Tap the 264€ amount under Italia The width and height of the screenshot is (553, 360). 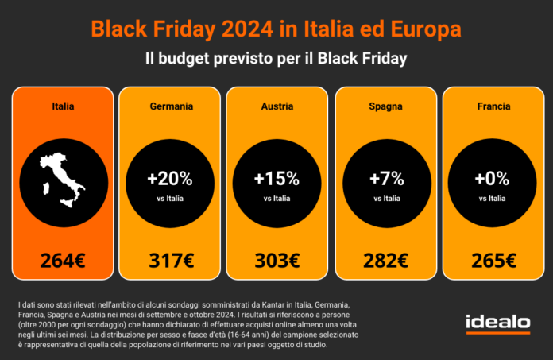click(x=63, y=260)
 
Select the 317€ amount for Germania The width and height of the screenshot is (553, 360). click(x=170, y=260)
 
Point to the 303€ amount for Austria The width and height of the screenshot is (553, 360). click(x=276, y=260)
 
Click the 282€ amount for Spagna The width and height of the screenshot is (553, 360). click(x=385, y=260)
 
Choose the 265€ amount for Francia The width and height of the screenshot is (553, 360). click(x=492, y=260)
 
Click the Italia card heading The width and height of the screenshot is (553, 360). click(x=63, y=106)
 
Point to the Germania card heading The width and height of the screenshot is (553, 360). click(x=170, y=106)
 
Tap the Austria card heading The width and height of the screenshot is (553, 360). click(x=276, y=106)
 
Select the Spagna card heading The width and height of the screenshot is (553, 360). click(x=385, y=106)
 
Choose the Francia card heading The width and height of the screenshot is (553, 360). click(x=492, y=106)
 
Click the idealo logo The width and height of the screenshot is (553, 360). click(x=497, y=323)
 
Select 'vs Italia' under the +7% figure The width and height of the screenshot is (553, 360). click(x=385, y=199)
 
